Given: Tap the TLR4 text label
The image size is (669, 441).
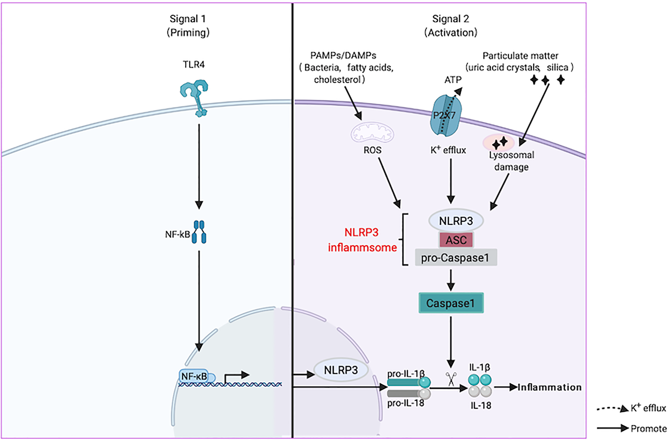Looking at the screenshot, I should pyautogui.click(x=194, y=65).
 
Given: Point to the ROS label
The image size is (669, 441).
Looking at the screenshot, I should pyautogui.click(x=372, y=150).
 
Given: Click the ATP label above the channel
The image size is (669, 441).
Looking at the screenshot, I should pyautogui.click(x=453, y=80).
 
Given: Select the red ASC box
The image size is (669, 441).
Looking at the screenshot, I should pyautogui.click(x=456, y=240).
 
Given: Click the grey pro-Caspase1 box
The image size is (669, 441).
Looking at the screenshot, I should pyautogui.click(x=455, y=258).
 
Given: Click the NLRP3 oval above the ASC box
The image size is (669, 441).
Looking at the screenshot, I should pyautogui.click(x=456, y=221).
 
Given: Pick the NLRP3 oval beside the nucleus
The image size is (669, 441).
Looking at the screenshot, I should pyautogui.click(x=341, y=370).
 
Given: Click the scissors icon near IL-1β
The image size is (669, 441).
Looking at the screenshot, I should pyautogui.click(x=451, y=379).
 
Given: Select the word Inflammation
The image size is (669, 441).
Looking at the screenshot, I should pyautogui.click(x=549, y=387).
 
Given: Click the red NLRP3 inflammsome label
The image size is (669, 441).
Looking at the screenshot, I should pyautogui.click(x=362, y=240).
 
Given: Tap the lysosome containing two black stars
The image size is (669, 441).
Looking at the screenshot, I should pyautogui.click(x=499, y=143).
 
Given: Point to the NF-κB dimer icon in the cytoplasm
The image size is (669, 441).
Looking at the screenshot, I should pyautogui.click(x=199, y=232).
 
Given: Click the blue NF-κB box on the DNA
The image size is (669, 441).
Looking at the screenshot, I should pyautogui.click(x=194, y=376).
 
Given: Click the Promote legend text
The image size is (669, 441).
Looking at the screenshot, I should pyautogui.click(x=648, y=429).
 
